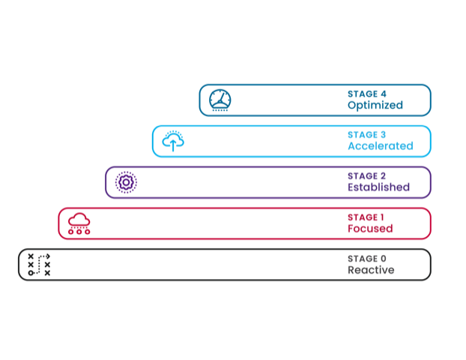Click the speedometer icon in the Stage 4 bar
[220, 100]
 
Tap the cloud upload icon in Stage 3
[173, 141]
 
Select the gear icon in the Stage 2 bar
[126, 182]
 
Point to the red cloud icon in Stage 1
[79, 223]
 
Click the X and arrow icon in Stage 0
[39, 265]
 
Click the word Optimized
[375, 105]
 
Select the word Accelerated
[381, 145]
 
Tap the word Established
[378, 187]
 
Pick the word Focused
[370, 228]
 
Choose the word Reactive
[371, 269]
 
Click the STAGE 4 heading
[367, 94]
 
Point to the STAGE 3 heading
[367, 135]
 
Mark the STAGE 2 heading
[367, 175]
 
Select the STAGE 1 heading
[366, 217]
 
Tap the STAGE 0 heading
[367, 259]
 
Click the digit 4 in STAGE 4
[384, 94]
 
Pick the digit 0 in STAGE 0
[384, 259]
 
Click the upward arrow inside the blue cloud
[173, 145]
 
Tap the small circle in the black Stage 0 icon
[31, 273]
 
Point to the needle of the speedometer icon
[222, 97]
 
